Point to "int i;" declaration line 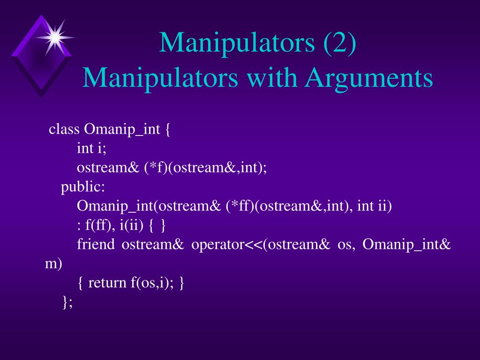92,149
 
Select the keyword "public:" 83,187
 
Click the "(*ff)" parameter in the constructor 240,206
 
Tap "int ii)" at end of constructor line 374,206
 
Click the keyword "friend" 96,245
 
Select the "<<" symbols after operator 254,245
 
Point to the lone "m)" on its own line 53,264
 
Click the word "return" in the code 107,283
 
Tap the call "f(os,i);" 152,283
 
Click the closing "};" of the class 67,302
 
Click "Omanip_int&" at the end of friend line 407,245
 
